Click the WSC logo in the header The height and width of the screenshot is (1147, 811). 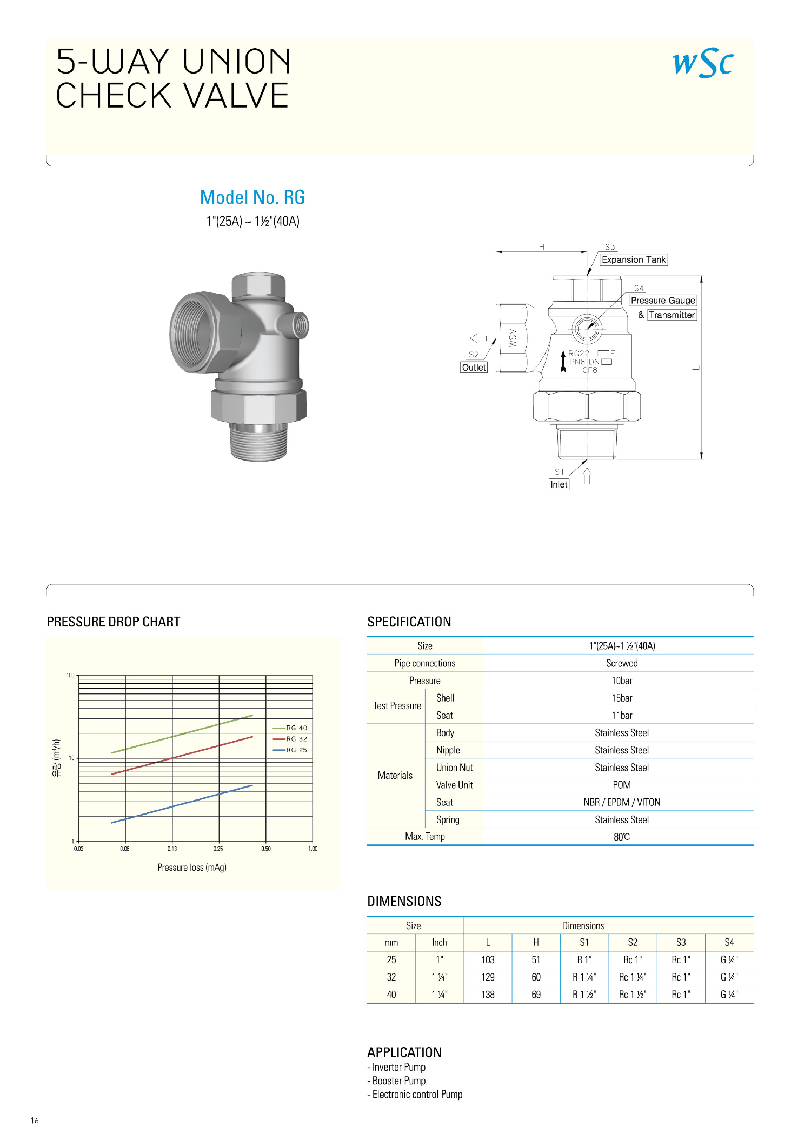click(x=703, y=63)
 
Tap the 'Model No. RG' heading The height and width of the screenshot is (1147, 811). click(x=252, y=197)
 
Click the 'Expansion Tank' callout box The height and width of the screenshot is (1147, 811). click(x=634, y=260)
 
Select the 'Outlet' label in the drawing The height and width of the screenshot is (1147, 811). click(x=474, y=368)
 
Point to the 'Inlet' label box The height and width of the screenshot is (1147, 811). click(x=559, y=484)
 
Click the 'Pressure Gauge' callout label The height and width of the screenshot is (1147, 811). click(x=663, y=301)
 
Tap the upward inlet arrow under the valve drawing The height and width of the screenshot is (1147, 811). click(x=587, y=476)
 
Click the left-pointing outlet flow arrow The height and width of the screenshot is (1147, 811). click(x=478, y=338)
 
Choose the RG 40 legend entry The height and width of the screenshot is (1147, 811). click(x=290, y=728)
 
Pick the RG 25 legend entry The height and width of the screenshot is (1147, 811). click(x=290, y=750)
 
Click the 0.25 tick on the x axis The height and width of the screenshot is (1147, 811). click(x=218, y=849)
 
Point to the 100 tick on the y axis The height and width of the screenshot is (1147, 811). click(x=70, y=675)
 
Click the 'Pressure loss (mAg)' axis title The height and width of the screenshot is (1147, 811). click(x=192, y=868)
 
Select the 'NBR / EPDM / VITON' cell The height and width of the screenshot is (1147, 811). click(x=622, y=802)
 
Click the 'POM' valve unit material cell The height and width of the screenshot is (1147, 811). click(x=622, y=785)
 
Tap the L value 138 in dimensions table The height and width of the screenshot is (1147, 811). click(x=488, y=995)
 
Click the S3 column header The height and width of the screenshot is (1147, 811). click(x=681, y=943)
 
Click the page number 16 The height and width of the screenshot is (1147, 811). click(x=35, y=1121)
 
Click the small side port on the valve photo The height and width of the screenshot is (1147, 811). click(x=299, y=325)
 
